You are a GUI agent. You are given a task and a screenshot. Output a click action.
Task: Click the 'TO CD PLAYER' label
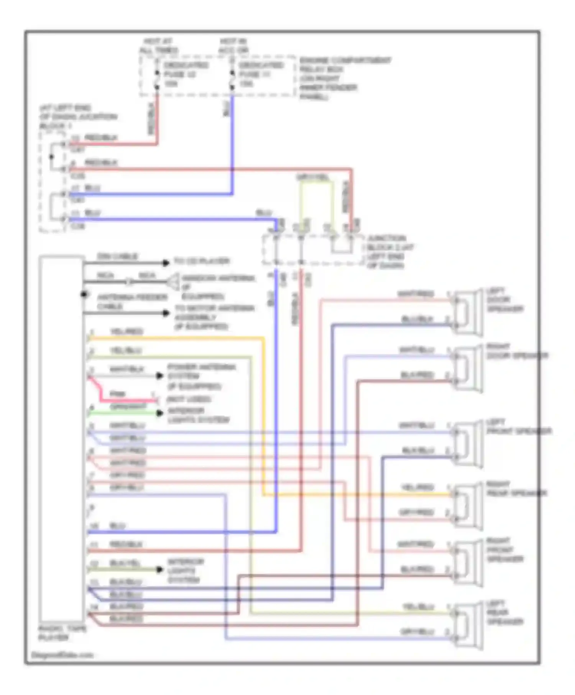tap(202, 262)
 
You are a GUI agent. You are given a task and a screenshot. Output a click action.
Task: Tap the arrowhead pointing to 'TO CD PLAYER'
tap(166, 263)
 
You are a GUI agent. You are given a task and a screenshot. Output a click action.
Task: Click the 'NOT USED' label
tap(189, 400)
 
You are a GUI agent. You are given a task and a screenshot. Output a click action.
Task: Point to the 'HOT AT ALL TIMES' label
tap(158, 46)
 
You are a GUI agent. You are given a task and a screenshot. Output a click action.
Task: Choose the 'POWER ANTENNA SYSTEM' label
tap(201, 376)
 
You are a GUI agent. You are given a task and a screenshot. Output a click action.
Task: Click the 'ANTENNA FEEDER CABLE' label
tap(131, 302)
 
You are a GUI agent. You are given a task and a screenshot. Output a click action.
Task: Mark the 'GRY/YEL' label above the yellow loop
tap(312, 178)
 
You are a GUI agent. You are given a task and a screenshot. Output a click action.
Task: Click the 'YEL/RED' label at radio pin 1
tap(126, 332)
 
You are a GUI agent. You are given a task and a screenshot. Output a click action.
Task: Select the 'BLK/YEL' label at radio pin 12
tap(125, 563)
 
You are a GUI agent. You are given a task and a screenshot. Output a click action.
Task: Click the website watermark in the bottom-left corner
tap(62, 655)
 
